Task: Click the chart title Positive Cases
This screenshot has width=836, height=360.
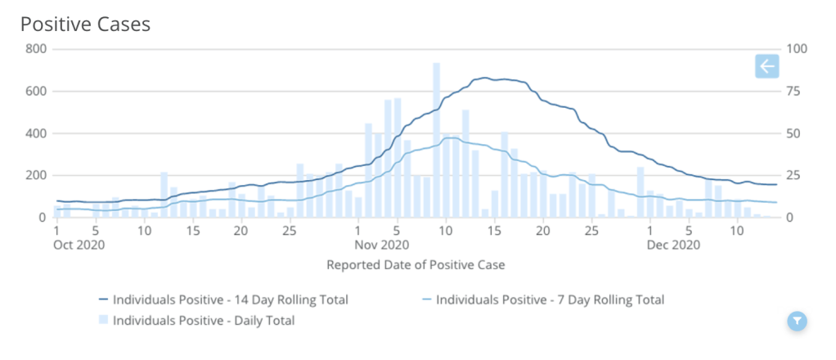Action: pos(85,25)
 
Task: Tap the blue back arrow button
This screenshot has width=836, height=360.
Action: pos(766,66)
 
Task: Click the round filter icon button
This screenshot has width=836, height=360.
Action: pos(798,321)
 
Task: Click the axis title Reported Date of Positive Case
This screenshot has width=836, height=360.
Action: pos(416,264)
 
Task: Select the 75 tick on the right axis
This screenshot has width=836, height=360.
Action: pos(793,91)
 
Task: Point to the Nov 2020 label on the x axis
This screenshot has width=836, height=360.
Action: pos(382,244)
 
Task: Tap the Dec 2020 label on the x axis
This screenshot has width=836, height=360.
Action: pos(673,244)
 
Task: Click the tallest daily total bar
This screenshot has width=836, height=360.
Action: pos(436,139)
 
